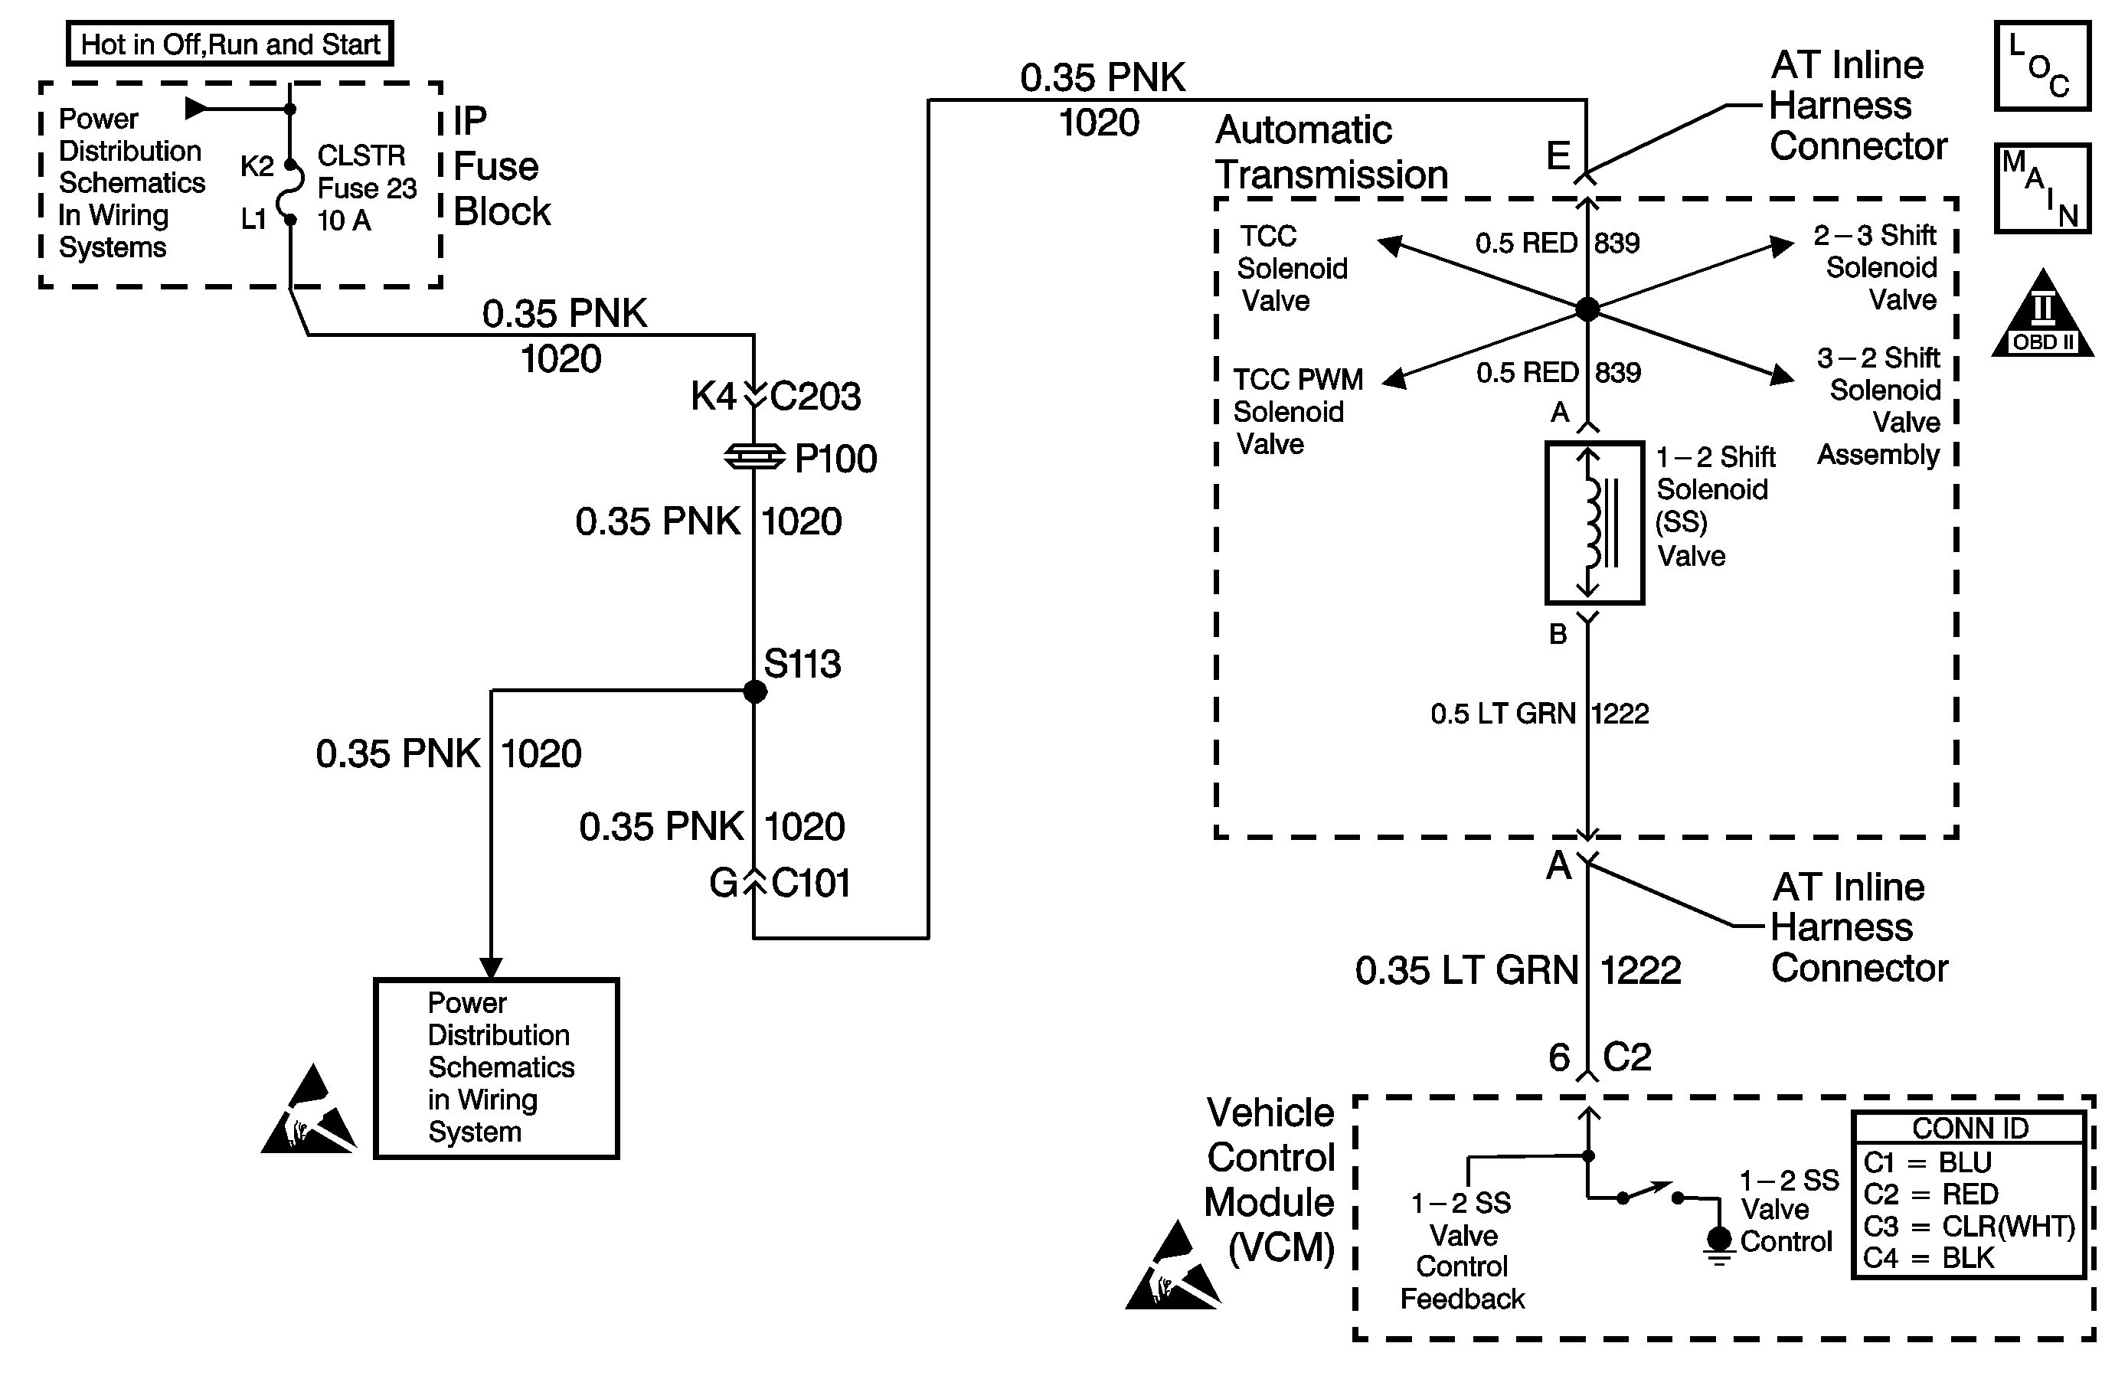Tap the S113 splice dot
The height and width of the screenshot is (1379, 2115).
(x=754, y=691)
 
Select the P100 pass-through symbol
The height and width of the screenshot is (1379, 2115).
(x=754, y=458)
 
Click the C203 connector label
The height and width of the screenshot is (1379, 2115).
(x=815, y=397)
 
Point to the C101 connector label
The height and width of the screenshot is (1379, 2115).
(x=810, y=883)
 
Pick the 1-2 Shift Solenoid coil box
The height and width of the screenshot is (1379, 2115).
(x=1594, y=522)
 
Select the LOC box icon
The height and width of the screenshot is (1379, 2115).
(x=2041, y=67)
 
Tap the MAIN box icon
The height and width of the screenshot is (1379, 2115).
(x=2041, y=188)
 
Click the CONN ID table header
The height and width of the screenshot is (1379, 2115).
(x=1970, y=1129)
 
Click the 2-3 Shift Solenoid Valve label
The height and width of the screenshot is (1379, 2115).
(x=1877, y=267)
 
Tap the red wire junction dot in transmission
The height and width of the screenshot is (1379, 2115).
(x=1587, y=309)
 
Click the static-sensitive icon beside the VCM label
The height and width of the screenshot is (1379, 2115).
(x=1172, y=1268)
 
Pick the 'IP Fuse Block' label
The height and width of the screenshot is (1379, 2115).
(x=502, y=167)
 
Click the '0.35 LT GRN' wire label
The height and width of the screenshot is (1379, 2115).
(x=1466, y=970)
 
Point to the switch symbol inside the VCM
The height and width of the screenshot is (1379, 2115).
(x=1649, y=1192)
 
